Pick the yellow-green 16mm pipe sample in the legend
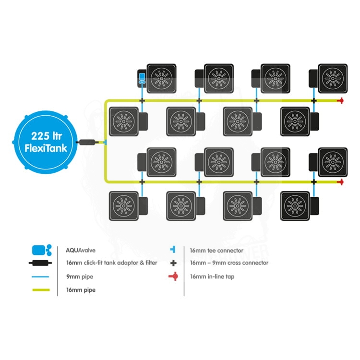pyautogui.click(x=43, y=290)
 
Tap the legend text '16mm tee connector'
pyautogui.click(x=216, y=250)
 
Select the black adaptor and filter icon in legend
pyautogui.click(x=43, y=263)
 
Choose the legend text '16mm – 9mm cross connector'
pyautogui.click(x=229, y=263)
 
